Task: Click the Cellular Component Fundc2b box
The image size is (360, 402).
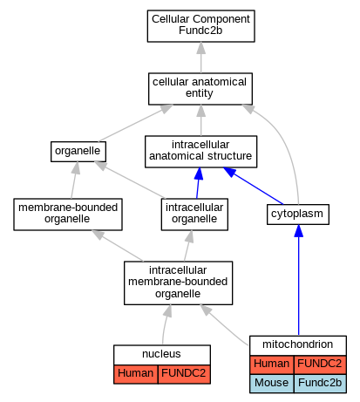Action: click(x=200, y=26)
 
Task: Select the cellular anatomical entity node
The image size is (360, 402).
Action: click(x=200, y=89)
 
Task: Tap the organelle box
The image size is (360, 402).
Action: click(x=78, y=152)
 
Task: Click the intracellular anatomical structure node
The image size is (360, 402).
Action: click(x=200, y=152)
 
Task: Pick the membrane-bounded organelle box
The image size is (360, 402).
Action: click(x=68, y=215)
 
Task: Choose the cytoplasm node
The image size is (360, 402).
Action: click(x=298, y=215)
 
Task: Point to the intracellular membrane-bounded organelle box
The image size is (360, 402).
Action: click(x=178, y=283)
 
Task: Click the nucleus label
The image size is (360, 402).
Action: click(x=161, y=354)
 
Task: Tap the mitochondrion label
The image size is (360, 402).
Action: click(x=297, y=344)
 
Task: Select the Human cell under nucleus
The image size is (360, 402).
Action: click(x=136, y=374)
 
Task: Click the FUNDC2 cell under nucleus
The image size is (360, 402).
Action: click(x=184, y=374)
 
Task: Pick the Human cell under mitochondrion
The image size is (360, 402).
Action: click(x=272, y=365)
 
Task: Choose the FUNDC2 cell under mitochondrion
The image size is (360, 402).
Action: click(x=320, y=365)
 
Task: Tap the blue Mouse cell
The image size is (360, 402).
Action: click(x=272, y=384)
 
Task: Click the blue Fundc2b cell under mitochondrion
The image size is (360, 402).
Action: click(x=320, y=384)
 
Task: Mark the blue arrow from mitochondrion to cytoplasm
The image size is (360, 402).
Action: click(x=298, y=280)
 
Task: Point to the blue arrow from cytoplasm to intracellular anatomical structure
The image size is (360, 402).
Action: click(x=253, y=186)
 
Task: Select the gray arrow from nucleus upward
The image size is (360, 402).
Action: click(x=165, y=324)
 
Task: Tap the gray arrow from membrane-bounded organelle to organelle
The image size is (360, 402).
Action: click(x=74, y=181)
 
